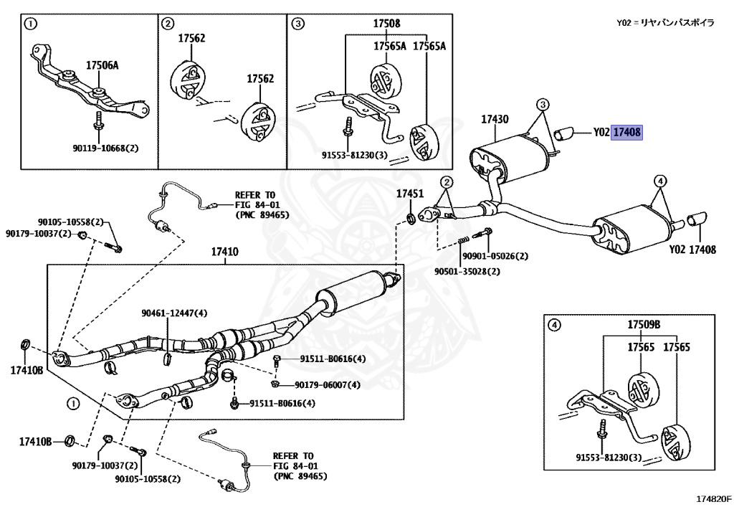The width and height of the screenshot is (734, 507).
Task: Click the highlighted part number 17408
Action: point(627,132)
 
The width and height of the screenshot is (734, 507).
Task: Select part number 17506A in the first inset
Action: point(103,65)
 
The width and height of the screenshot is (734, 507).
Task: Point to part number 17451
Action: point(411,193)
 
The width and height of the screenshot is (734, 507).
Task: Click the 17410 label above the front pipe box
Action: point(224,252)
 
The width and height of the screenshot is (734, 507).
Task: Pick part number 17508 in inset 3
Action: point(386,24)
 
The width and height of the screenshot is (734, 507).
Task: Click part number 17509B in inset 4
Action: point(644,325)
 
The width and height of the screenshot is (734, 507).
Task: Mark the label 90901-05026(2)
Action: point(495,256)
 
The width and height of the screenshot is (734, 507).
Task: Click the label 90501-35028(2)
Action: point(467,272)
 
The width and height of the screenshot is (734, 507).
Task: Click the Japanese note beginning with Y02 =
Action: point(665,23)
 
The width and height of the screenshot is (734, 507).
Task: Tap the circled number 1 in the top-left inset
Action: point(30,24)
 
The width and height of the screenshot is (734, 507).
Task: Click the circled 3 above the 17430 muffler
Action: point(543,104)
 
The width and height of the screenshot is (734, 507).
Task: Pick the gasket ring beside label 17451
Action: point(409,215)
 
